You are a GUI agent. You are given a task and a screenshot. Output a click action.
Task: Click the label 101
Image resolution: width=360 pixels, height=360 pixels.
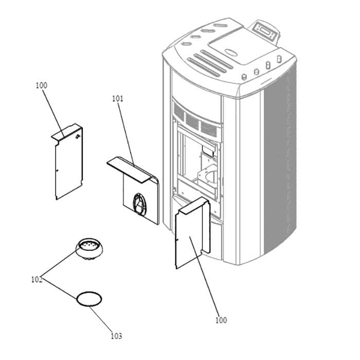coord(118,98)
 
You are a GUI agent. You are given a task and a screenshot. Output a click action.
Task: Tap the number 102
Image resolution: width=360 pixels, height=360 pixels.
coord(37,280)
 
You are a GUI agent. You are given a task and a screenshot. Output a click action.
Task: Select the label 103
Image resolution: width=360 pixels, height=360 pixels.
coord(116,336)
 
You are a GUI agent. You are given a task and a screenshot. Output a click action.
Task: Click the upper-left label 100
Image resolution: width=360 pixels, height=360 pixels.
coord(41,85)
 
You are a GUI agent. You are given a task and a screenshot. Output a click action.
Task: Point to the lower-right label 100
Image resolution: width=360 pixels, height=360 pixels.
coord(221,320)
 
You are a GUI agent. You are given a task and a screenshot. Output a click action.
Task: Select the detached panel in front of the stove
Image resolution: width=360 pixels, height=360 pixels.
coord(191,234)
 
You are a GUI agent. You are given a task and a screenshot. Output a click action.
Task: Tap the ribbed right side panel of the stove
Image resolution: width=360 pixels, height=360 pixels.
coord(278,165)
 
